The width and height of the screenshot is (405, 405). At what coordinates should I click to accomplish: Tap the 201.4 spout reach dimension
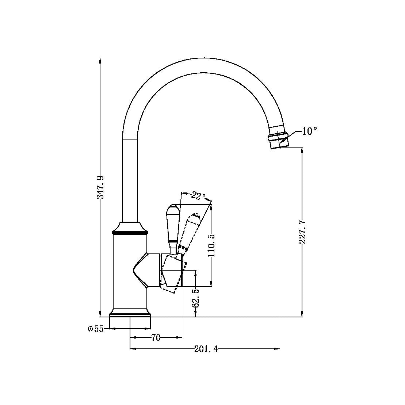[206, 349]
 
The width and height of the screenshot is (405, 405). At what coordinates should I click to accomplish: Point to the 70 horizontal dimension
[156, 338]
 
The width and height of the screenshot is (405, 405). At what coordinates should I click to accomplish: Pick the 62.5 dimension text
[196, 297]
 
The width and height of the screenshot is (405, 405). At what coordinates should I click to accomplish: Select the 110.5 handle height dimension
[211, 245]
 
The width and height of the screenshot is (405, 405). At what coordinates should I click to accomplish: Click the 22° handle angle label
[199, 196]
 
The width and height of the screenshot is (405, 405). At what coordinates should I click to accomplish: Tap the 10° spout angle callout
[309, 131]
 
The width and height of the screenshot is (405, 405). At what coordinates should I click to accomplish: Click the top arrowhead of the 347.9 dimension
[100, 61]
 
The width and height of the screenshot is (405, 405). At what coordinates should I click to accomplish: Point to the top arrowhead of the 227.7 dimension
[302, 150]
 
